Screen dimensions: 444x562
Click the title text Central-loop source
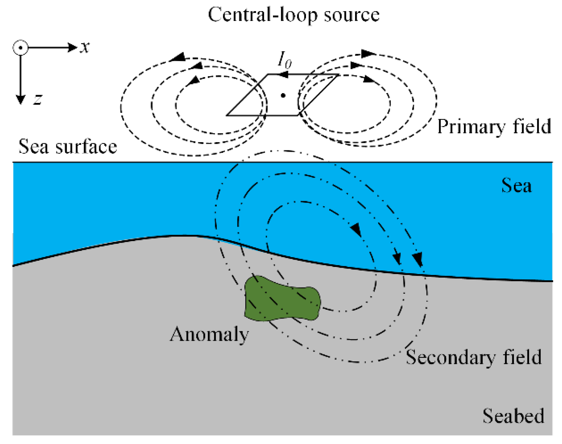click(293, 14)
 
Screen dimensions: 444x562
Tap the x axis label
click(85, 47)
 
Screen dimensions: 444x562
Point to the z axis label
click(38, 99)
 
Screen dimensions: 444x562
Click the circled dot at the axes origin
click(21, 48)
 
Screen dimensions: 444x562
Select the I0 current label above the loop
click(284, 61)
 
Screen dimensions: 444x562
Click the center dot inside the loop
click(283, 95)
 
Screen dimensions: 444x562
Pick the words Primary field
click(494, 126)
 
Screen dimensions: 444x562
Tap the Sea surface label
click(68, 146)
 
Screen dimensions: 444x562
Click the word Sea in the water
click(516, 186)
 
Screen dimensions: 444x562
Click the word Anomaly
click(209, 334)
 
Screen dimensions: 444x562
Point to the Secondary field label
click(473, 357)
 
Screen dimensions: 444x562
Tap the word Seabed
click(513, 416)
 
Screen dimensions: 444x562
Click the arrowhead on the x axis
click(72, 48)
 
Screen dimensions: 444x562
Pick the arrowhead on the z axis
click(21, 99)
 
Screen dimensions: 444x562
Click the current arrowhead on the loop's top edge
click(283, 75)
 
